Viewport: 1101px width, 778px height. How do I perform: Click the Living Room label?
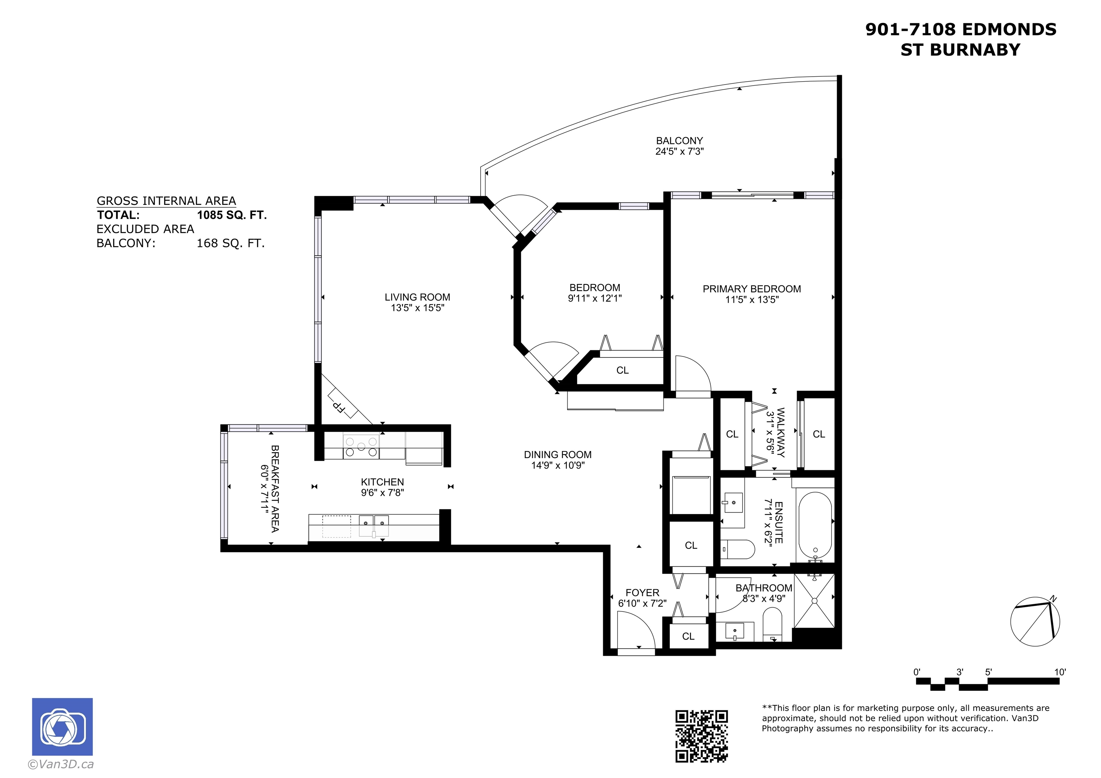pos(417,297)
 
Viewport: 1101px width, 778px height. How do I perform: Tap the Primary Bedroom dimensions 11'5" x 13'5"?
pos(752,299)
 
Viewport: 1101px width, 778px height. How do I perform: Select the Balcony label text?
pos(680,141)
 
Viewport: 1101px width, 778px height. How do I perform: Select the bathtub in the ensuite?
pos(815,526)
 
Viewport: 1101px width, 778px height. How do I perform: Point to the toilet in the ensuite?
pos(738,549)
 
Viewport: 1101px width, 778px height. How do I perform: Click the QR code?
pos(701,736)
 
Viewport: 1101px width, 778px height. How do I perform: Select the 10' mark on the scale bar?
pos(1060,672)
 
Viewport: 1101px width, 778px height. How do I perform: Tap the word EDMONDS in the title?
pos(1009,29)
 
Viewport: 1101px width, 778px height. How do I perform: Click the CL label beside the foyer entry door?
pos(688,636)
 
